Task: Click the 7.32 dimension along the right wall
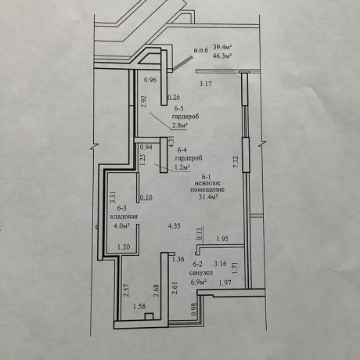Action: (x=236, y=162)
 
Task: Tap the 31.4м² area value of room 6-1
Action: (x=208, y=197)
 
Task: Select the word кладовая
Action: (x=124, y=217)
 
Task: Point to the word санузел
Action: (x=201, y=272)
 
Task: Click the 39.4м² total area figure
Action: (x=223, y=47)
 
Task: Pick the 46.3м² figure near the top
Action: (x=223, y=56)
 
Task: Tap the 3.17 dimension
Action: (x=206, y=84)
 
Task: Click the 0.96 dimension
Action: (x=150, y=80)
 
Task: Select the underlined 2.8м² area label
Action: (x=180, y=125)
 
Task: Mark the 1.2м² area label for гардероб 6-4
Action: (x=182, y=167)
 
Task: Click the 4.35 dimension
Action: (x=174, y=226)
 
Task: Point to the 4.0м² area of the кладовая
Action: (x=122, y=226)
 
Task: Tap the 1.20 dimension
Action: (x=124, y=247)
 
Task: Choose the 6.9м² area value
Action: (x=199, y=282)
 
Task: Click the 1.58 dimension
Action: (x=139, y=306)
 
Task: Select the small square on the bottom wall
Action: (x=149, y=317)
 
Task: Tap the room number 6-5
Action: (x=178, y=109)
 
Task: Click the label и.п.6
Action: (x=200, y=50)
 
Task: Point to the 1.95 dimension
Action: (x=222, y=239)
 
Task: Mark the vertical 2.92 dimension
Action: (x=144, y=102)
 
